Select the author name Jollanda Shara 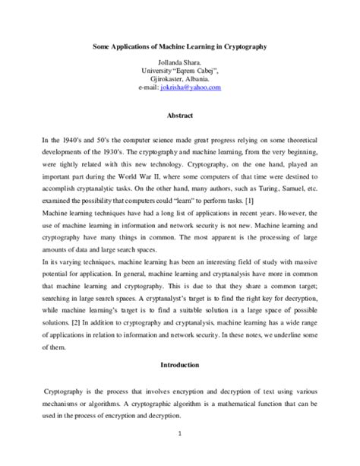[x=180, y=62]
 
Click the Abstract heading [x=179, y=116]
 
